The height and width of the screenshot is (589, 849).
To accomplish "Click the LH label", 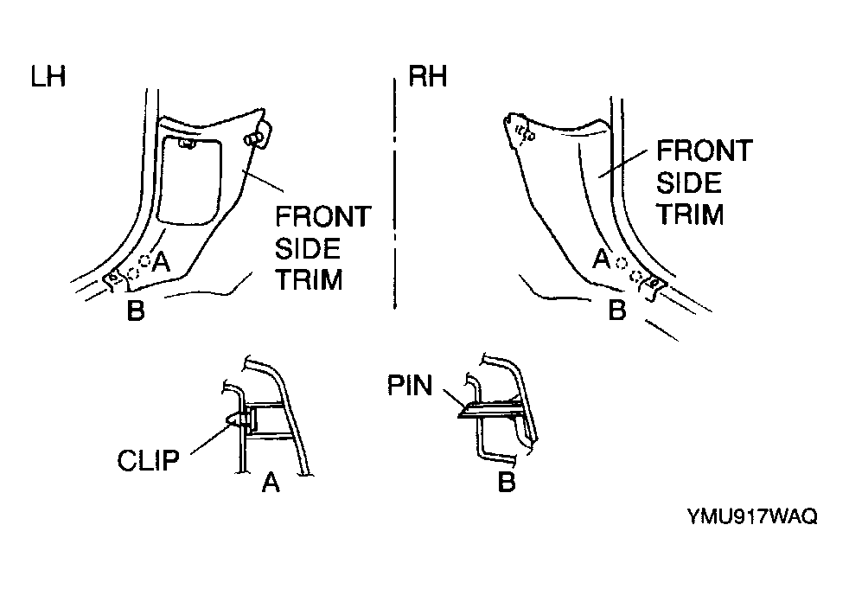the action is (x=48, y=76).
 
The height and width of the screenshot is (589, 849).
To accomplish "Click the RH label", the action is (x=428, y=76).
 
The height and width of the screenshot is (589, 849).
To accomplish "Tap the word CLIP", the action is (x=149, y=461).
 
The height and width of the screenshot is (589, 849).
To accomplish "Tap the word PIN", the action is (x=410, y=386).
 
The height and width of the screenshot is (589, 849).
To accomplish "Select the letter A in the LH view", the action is (x=162, y=262).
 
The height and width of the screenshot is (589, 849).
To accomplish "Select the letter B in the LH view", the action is (x=136, y=311).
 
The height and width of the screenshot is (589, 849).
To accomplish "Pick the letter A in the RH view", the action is (x=602, y=259).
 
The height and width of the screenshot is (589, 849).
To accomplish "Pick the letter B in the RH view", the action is (x=617, y=311).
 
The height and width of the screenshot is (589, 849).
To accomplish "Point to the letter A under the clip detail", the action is (x=271, y=482).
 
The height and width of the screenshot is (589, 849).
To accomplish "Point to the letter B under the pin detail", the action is (x=507, y=481).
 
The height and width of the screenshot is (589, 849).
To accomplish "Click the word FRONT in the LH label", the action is (x=323, y=217).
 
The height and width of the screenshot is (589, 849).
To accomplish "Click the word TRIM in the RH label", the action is (x=691, y=214).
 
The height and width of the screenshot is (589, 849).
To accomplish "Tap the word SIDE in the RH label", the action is (x=689, y=182).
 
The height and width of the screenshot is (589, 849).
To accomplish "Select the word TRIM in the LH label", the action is (x=310, y=280).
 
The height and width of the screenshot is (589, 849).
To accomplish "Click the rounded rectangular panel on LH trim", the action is (x=189, y=181).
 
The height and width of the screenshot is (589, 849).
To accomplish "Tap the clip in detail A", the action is (x=239, y=420).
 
